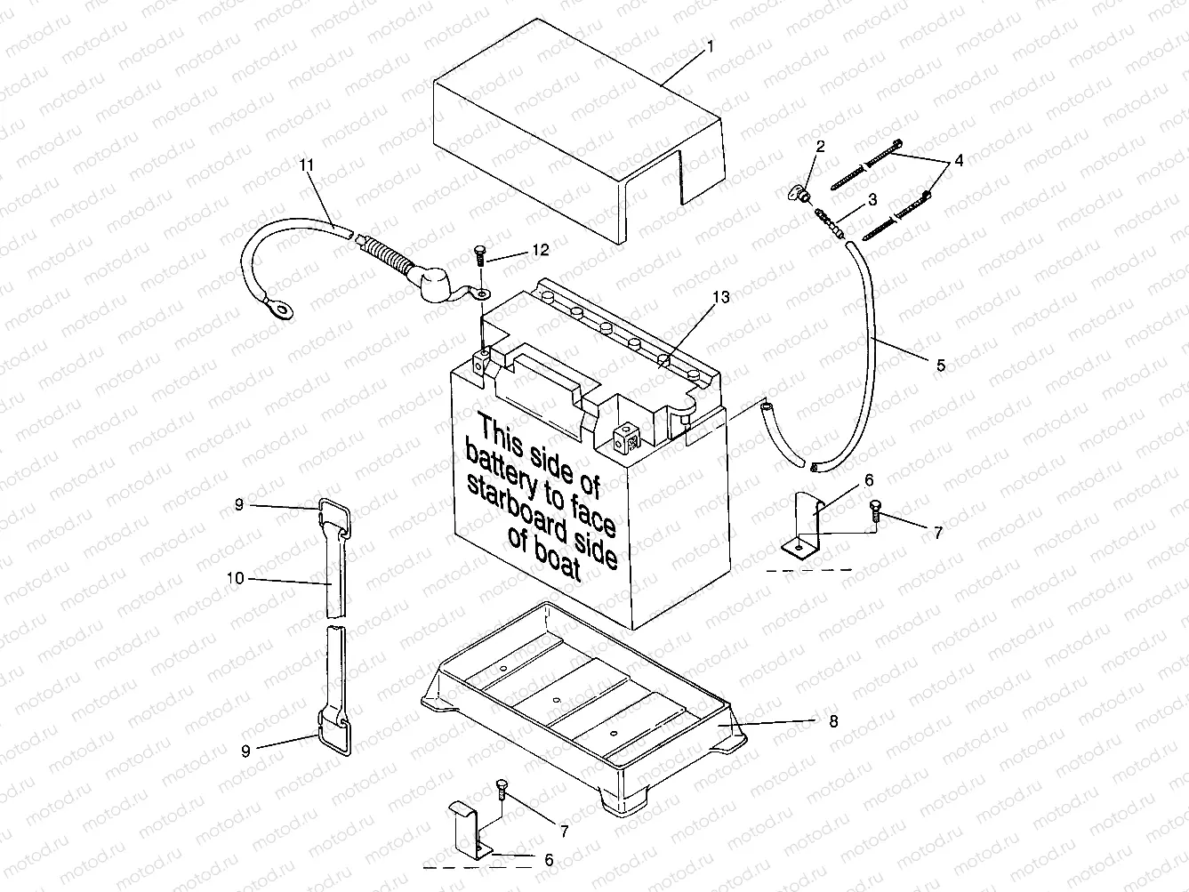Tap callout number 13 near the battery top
721,298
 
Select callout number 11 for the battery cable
306,165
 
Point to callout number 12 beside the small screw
540,250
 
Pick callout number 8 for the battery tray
833,721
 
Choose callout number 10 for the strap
235,578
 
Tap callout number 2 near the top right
820,146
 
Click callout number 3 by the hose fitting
848,199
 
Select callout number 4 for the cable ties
959,161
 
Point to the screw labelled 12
478,254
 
